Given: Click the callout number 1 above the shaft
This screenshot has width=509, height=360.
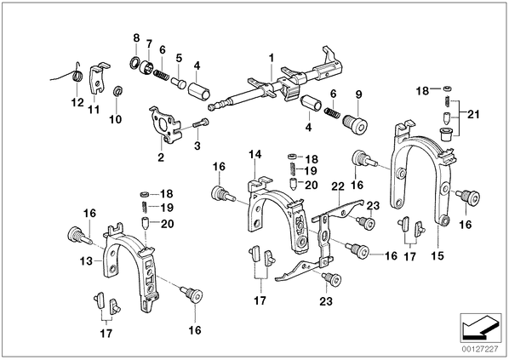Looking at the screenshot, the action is (x=272, y=58).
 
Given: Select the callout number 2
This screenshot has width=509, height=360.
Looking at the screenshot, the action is (x=161, y=157).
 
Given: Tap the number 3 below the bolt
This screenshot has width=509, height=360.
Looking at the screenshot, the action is (x=197, y=146).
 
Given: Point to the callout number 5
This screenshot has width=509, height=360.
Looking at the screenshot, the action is (x=180, y=58).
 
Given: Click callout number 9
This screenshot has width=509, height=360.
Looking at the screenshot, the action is (x=358, y=94).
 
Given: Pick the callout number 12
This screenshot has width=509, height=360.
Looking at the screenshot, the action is (x=77, y=103).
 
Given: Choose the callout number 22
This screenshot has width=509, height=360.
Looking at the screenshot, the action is (x=338, y=186).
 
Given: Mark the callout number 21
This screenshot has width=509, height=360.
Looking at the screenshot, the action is (x=473, y=115).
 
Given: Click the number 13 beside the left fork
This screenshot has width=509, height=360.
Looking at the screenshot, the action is (x=86, y=260).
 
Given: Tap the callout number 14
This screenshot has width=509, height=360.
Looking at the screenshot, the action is (x=254, y=154).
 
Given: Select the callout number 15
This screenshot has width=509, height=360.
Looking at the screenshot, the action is (x=438, y=255).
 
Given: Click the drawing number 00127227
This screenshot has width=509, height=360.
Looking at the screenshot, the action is (x=481, y=350).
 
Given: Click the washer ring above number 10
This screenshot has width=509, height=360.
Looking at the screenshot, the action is (x=117, y=91).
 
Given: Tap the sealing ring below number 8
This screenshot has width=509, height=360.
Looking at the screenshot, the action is (x=134, y=62).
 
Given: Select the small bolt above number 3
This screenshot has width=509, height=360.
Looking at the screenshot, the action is (x=201, y=123).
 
